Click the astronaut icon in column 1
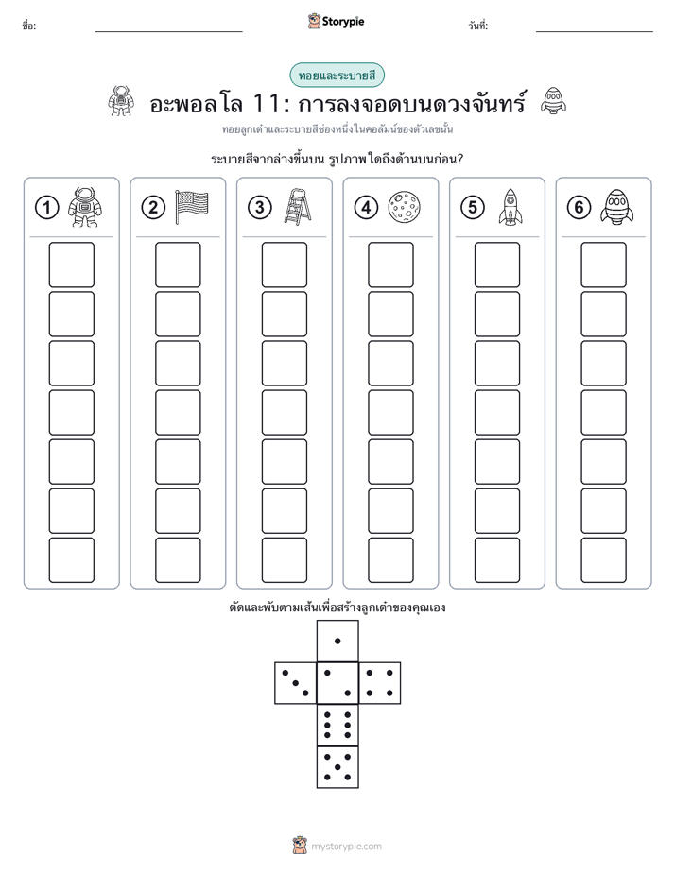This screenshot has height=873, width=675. pyautogui.click(x=85, y=207)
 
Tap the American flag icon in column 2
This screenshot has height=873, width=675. pyautogui.click(x=192, y=207)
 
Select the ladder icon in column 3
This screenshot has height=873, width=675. pyautogui.click(x=298, y=207)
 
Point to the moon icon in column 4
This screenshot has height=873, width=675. pyautogui.click(x=404, y=207)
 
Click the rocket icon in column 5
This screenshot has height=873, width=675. pyautogui.click(x=511, y=207)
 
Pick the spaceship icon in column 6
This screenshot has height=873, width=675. pyautogui.click(x=617, y=207)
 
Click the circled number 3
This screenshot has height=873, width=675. pyautogui.click(x=260, y=208)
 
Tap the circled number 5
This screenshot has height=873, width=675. pyautogui.click(x=473, y=208)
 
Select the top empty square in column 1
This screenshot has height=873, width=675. pyautogui.click(x=71, y=265)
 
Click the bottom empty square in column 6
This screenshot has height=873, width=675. pyautogui.click(x=604, y=560)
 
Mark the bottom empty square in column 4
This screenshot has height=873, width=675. pyautogui.click(x=391, y=560)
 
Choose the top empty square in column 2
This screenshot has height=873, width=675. pyautogui.click(x=178, y=265)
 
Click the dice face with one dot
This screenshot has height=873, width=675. pyautogui.click(x=337, y=641)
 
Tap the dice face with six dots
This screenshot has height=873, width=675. pyautogui.click(x=337, y=725)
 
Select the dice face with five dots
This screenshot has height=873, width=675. pyautogui.click(x=337, y=767)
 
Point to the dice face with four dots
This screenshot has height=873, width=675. pyautogui.click(x=380, y=683)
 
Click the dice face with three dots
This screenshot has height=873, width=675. pyautogui.click(x=296, y=683)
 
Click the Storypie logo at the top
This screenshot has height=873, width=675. pyautogui.click(x=336, y=21)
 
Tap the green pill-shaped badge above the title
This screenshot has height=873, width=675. pyautogui.click(x=337, y=76)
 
